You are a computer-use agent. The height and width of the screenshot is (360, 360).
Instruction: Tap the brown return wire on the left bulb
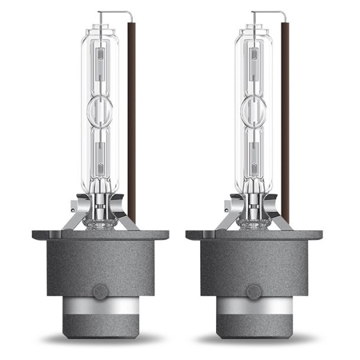click(132, 118)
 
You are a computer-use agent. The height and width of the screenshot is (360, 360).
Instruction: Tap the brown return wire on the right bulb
click(286, 118)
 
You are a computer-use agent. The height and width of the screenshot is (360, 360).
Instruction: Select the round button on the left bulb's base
click(101, 291)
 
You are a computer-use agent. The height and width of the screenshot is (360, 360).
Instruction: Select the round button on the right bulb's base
click(254, 291)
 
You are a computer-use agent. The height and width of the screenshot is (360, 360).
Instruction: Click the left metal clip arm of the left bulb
click(74, 218)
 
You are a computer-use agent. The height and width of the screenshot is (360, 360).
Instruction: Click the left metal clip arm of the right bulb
click(227, 218)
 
